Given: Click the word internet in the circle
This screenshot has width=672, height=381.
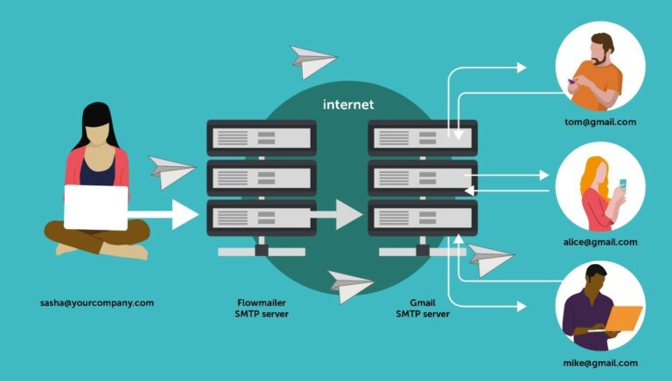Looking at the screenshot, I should (349, 105).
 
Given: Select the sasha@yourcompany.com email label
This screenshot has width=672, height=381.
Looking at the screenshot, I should (97, 303).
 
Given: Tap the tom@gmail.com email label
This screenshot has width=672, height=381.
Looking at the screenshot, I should (600, 122).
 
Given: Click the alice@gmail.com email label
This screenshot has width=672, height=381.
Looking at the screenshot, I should (600, 242).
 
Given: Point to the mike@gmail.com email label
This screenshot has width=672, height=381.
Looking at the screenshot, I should (600, 363).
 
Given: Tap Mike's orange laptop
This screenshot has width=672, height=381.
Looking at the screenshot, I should (623, 318).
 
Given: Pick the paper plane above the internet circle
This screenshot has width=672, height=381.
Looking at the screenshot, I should (313, 61).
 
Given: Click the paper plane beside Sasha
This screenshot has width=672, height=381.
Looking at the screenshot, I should (171, 170).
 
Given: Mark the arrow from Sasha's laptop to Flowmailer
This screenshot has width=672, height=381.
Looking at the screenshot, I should (166, 214).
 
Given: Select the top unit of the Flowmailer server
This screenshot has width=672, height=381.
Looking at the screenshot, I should (261, 137).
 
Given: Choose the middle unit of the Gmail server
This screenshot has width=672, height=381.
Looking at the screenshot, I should (423, 177).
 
